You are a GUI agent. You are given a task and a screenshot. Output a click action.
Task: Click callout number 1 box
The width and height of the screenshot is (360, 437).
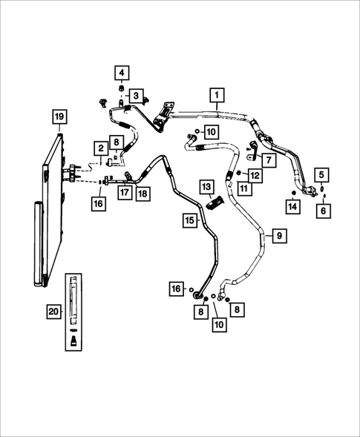217,95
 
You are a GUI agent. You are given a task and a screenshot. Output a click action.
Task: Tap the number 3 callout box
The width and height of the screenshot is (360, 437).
136,96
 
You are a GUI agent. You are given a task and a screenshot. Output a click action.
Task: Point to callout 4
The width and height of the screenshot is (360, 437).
121,73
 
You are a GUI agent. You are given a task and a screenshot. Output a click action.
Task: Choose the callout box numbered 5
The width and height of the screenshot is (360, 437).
321,174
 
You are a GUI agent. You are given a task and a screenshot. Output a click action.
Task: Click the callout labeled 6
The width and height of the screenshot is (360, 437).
321,211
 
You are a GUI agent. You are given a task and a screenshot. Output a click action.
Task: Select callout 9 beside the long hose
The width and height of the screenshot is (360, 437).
278,235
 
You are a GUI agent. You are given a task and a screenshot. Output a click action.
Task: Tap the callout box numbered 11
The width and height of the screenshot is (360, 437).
244,190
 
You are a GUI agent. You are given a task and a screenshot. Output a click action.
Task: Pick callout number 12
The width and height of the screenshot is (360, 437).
255,176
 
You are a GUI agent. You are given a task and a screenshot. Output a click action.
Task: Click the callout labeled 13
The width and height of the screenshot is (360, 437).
206,185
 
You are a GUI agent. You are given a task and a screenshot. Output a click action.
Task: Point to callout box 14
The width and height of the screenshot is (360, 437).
293,206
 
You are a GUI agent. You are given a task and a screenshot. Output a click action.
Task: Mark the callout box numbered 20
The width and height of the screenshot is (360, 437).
53,312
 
